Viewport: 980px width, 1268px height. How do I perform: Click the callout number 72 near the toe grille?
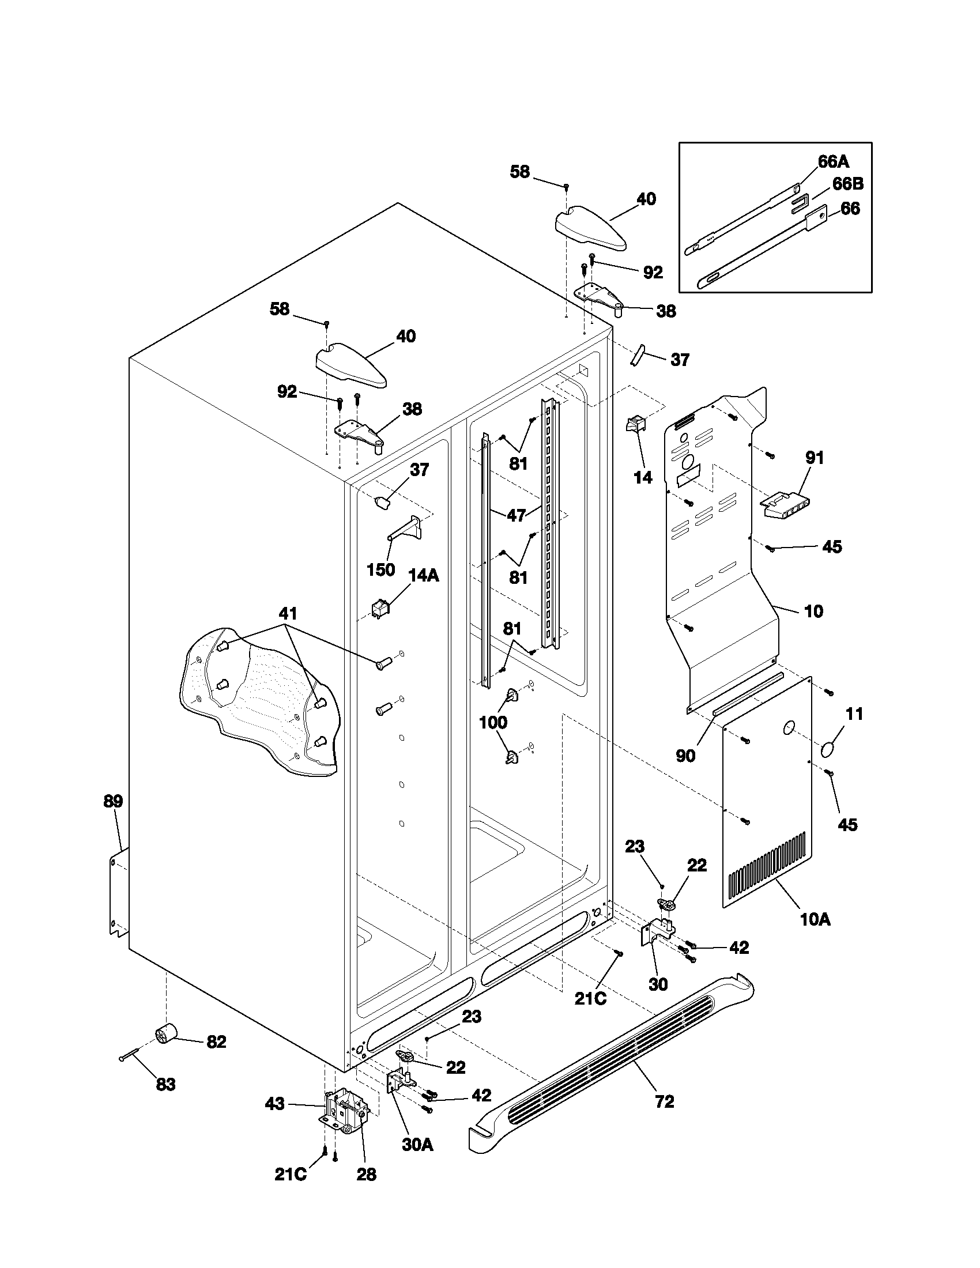pos(665,1101)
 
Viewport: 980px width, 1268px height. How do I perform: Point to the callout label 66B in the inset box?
pos(847,184)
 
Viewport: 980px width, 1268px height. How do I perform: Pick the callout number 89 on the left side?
pos(113,802)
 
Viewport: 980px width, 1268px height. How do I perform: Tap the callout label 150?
pos(381,569)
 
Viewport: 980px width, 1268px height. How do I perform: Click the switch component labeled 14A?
pos(380,607)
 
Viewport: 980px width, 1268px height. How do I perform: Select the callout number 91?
pos(815,458)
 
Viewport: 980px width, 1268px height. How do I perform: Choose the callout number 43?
pos(274,1103)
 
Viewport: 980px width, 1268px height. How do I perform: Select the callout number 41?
pos(288,613)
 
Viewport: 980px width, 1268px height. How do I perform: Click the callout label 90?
pos(685,756)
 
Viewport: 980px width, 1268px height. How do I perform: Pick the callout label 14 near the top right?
pos(643,478)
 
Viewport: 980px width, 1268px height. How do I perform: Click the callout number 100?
pos(493,723)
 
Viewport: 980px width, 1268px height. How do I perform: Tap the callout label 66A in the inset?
pos(834,161)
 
